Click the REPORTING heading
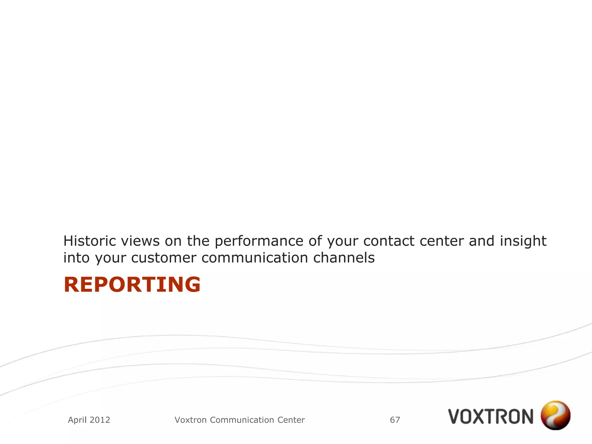tap(132, 285)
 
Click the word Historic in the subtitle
tap(89, 241)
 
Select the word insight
tap(523, 241)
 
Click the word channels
tap(344, 258)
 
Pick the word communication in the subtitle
tap(255, 258)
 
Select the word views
tap(140, 241)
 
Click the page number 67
tap(395, 420)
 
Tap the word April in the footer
tap(77, 420)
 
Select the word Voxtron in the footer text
tap(191, 420)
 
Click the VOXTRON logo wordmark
tap(491, 417)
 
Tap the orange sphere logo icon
tap(555, 415)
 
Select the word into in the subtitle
tap(77, 258)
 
